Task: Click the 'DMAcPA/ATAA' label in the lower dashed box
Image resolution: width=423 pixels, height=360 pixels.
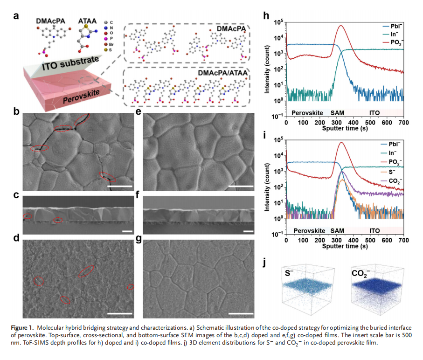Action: point(221,74)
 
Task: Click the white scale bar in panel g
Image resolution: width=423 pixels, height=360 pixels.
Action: point(241,313)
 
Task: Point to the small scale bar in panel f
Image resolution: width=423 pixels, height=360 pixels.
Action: point(248,230)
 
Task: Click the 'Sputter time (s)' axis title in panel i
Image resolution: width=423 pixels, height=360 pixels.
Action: point(345,247)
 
